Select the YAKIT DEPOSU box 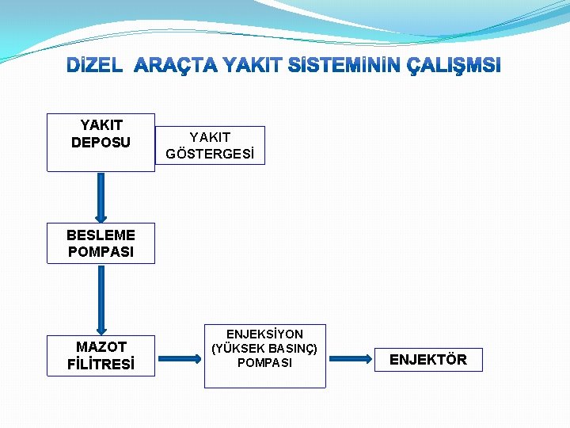click(x=101, y=142)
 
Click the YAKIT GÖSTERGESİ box click(x=210, y=146)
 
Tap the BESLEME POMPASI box click(x=101, y=243)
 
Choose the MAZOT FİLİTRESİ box click(x=101, y=356)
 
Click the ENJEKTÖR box click(x=427, y=360)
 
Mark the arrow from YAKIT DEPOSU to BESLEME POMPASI click(x=101, y=197)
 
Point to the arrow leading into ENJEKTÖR click(x=349, y=359)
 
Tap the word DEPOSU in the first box click(x=101, y=143)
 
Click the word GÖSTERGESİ click(x=210, y=155)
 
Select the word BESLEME click(x=101, y=235)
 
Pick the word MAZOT click(x=101, y=347)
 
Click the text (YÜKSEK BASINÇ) click(x=264, y=349)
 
